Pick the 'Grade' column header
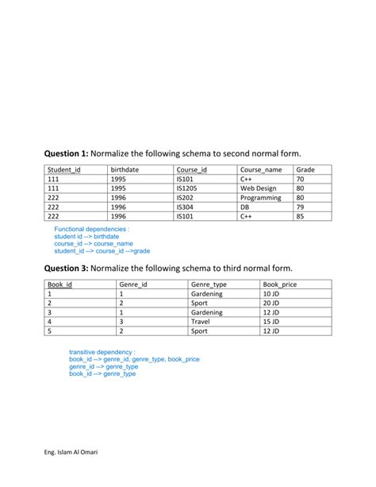tap(305, 170)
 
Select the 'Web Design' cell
tap(259, 188)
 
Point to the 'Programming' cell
tap(261, 198)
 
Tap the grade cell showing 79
tap(301, 207)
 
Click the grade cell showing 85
tap(301, 216)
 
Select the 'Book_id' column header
tap(60, 284)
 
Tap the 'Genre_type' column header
tap(209, 284)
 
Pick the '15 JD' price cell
tap(271, 322)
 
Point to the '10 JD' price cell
tap(271, 294)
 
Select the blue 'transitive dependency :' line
tap(102, 351)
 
